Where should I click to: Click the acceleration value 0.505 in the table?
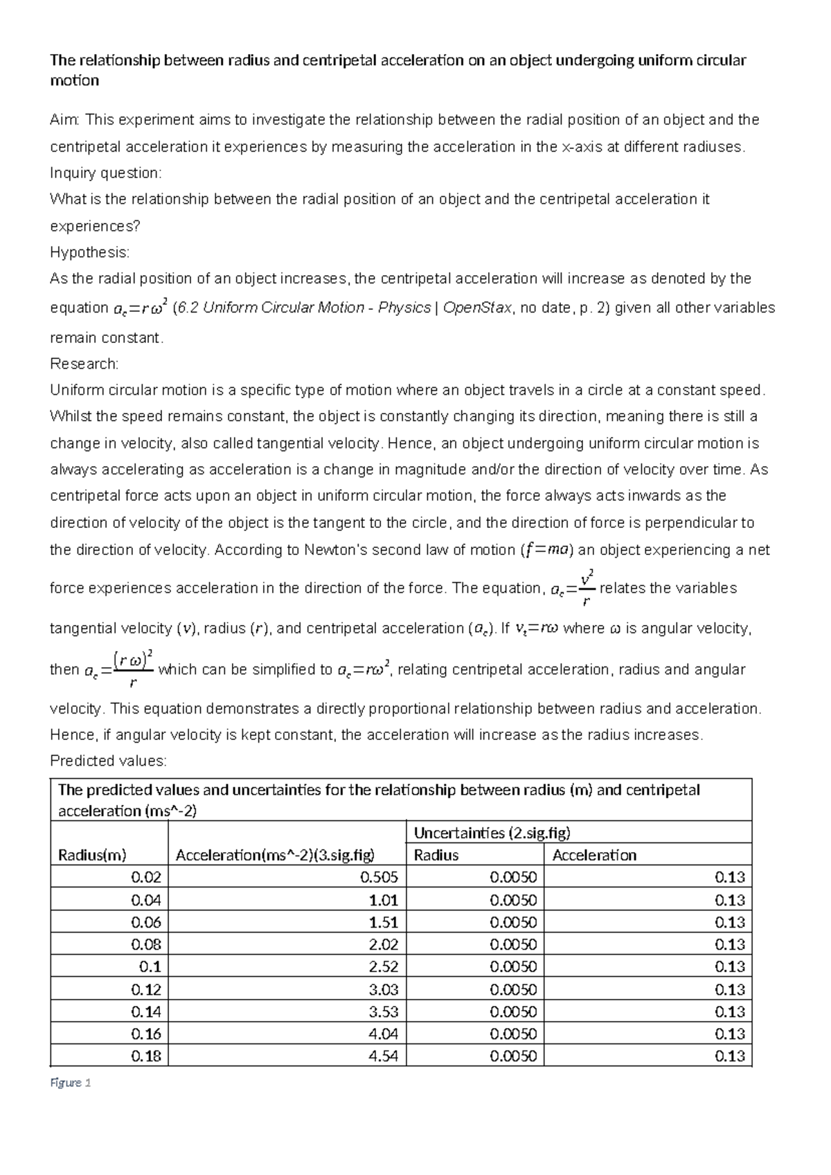point(379,877)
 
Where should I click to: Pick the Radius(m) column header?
point(92,855)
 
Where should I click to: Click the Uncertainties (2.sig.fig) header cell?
point(492,833)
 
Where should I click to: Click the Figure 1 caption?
point(71,1082)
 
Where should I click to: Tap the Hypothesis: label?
point(89,252)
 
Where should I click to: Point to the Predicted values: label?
point(108,761)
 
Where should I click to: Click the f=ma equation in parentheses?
point(546,550)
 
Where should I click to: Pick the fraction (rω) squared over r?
point(133,669)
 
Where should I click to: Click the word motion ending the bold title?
point(74,80)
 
